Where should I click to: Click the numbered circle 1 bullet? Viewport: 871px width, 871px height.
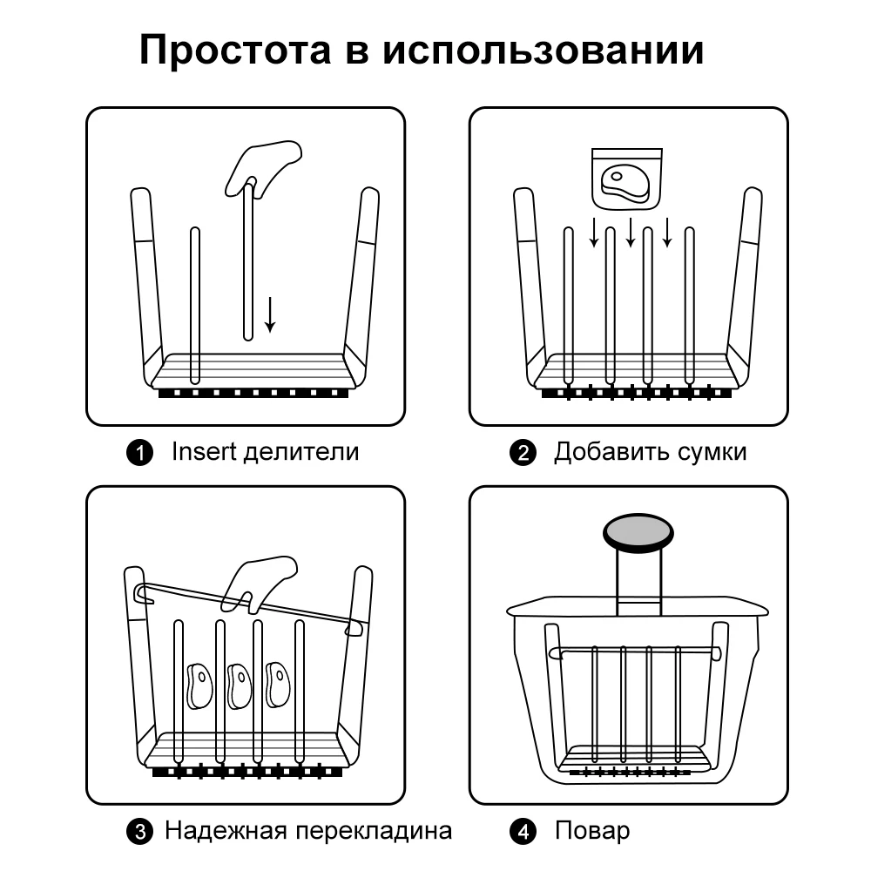click(140, 453)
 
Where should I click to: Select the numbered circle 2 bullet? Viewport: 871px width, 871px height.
click(523, 453)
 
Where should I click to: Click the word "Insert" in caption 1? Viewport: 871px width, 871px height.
click(204, 452)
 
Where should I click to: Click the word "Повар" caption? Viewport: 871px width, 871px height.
click(592, 831)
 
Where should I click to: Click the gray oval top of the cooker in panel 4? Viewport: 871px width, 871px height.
click(640, 530)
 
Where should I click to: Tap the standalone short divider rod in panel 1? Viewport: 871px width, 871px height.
click(194, 305)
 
